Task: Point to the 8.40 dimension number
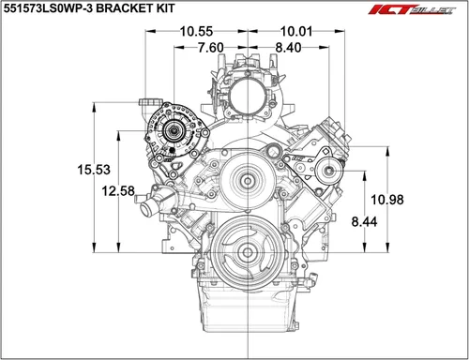point(288,47)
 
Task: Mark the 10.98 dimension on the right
point(388,199)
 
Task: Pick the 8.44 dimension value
point(364,221)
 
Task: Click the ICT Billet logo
point(424,12)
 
